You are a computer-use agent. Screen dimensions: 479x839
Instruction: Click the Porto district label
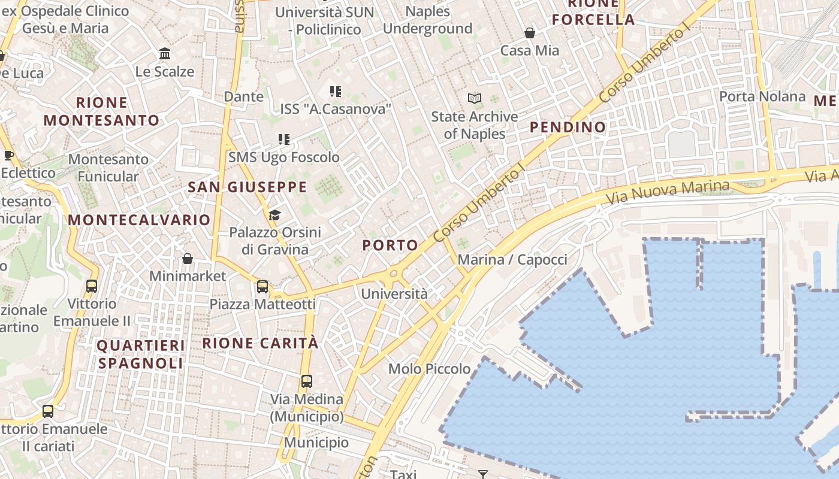point(390,245)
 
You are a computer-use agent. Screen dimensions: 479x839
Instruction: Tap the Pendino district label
point(568,127)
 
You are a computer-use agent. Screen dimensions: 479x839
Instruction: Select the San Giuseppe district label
point(247,187)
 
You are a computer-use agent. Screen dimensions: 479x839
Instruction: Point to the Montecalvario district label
point(138,220)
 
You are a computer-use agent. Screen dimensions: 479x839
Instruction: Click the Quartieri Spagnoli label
point(141,354)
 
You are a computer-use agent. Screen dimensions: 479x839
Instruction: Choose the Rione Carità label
point(260,343)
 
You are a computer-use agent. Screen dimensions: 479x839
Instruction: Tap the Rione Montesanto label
point(101,111)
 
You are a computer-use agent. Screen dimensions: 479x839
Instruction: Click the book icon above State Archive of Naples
point(475,98)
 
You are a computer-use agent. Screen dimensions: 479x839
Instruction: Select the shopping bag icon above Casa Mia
point(530,32)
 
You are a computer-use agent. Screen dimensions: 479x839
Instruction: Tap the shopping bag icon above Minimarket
point(188,259)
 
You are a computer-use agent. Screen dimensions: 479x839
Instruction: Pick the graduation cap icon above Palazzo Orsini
point(274,215)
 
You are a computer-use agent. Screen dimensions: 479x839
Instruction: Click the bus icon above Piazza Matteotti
point(262,287)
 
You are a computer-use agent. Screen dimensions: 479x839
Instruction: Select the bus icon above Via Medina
point(307,381)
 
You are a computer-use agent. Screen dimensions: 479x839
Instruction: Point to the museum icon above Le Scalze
point(165,54)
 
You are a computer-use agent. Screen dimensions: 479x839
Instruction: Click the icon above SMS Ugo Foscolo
point(284,140)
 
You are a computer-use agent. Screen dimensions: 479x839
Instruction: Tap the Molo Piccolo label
point(429,369)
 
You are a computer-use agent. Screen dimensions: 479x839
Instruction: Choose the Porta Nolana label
point(762,96)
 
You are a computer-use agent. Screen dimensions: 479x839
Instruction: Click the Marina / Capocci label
point(512,260)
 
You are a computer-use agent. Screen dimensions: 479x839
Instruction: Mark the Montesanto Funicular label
point(108,168)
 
